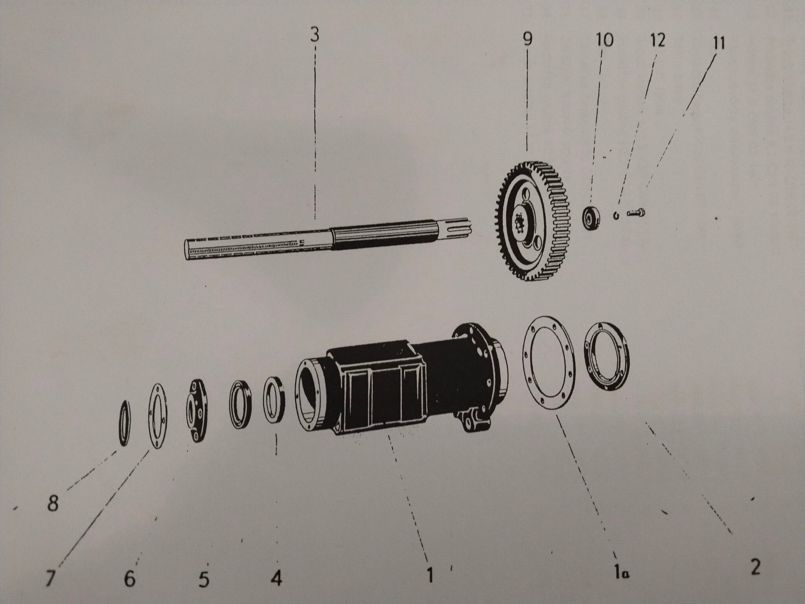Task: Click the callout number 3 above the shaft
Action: pos(314,35)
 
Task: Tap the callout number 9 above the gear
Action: pos(527,39)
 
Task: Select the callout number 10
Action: pos(604,40)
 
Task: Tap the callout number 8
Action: pos(53,503)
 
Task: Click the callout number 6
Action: pos(129,578)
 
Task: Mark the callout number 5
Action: pos(204,579)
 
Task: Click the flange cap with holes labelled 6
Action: pos(197,411)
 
